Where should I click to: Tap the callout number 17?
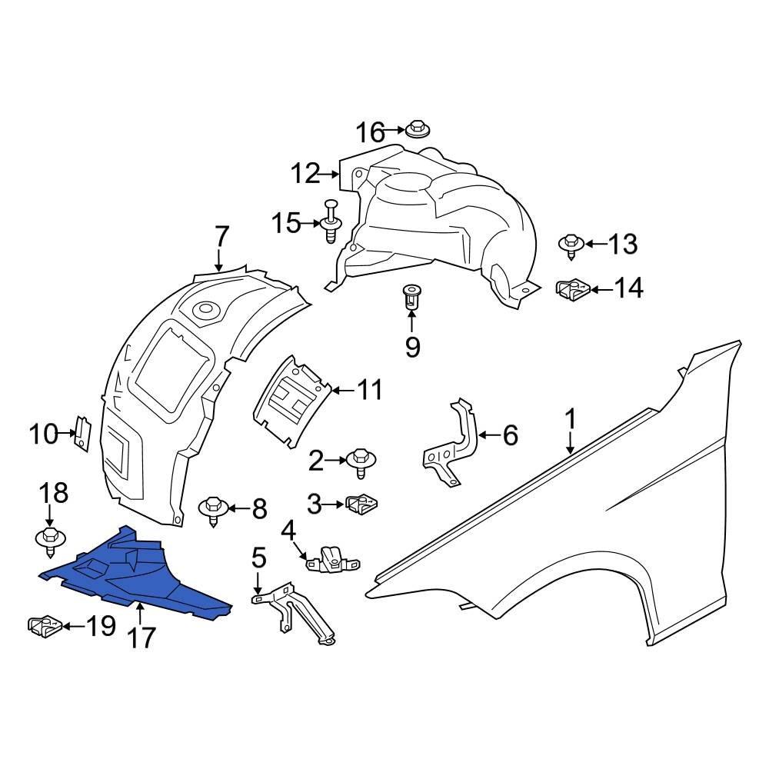tap(141, 638)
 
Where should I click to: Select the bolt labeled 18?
tap(51, 542)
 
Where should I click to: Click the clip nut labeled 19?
tap(45, 626)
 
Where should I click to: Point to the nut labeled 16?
tap(418, 128)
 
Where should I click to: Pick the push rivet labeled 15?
tap(331, 221)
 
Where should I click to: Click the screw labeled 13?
tap(571, 246)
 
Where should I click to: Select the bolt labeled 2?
tap(361, 462)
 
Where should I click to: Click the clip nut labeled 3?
tap(362, 504)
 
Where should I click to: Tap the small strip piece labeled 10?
tap(82, 433)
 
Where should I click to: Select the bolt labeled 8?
tap(213, 512)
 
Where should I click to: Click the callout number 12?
tap(307, 174)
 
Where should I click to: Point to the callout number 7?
tap(221, 237)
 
